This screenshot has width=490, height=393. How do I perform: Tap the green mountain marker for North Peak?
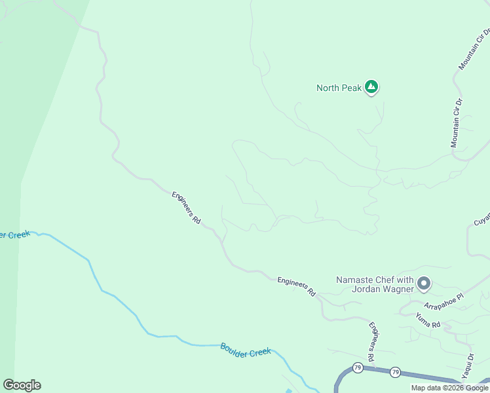pyautogui.click(x=371, y=86)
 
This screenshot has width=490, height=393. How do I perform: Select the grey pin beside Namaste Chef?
pyautogui.click(x=424, y=283)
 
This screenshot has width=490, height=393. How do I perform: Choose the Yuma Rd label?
pyautogui.click(x=428, y=320)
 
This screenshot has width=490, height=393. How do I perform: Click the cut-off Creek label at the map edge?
pyautogui.click(x=14, y=234)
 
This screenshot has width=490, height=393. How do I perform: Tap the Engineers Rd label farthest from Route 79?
pyautogui.click(x=186, y=208)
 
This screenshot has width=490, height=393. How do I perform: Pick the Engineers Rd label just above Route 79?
pyautogui.click(x=374, y=341)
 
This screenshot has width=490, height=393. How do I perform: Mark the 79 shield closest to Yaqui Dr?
pyautogui.click(x=395, y=372)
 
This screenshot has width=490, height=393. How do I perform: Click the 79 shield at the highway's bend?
pyautogui.click(x=357, y=367)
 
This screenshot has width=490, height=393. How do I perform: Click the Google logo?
pyautogui.click(x=22, y=385)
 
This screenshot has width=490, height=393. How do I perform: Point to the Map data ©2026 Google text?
pyautogui.click(x=449, y=388)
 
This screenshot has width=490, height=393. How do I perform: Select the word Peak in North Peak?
pyautogui.click(x=350, y=88)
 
